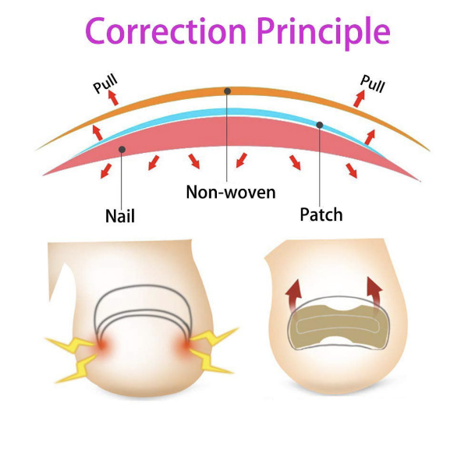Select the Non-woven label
coord(230,191)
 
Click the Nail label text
coord(119,214)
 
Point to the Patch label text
coord(321,214)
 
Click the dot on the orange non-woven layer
coord(227,91)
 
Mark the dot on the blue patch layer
coord(319,125)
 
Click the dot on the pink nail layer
coord(122,148)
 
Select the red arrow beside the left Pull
coord(114,97)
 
